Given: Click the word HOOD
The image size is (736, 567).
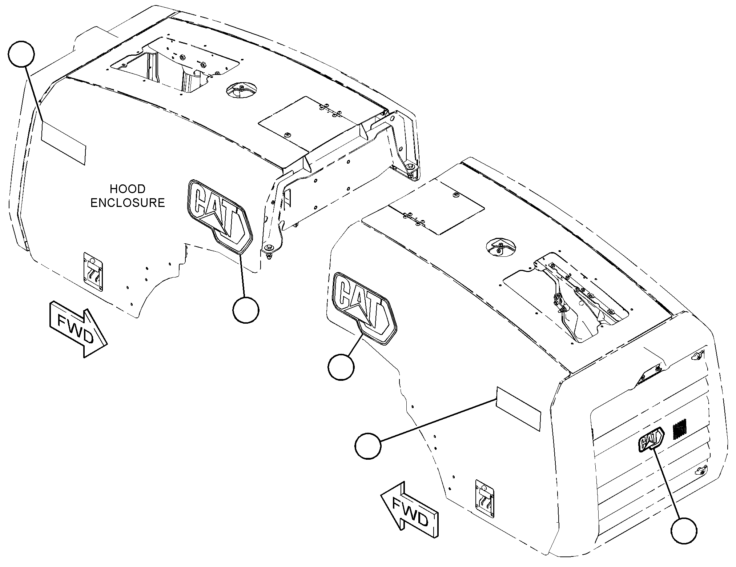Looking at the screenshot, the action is tap(128, 189).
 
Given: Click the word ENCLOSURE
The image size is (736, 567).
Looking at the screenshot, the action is tap(128, 203).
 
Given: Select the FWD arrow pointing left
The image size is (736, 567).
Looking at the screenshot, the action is tap(409, 514).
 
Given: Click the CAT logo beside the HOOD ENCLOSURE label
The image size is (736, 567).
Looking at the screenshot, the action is tap(220, 216).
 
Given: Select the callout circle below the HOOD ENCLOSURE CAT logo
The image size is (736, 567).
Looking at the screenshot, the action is tap(246, 310).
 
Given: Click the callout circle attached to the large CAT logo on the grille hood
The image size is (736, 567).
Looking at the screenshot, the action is tap(341, 367).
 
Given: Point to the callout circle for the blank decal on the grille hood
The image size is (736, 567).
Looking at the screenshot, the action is tap(368, 446).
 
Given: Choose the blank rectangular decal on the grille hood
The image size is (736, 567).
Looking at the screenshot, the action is tap(518, 409).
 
